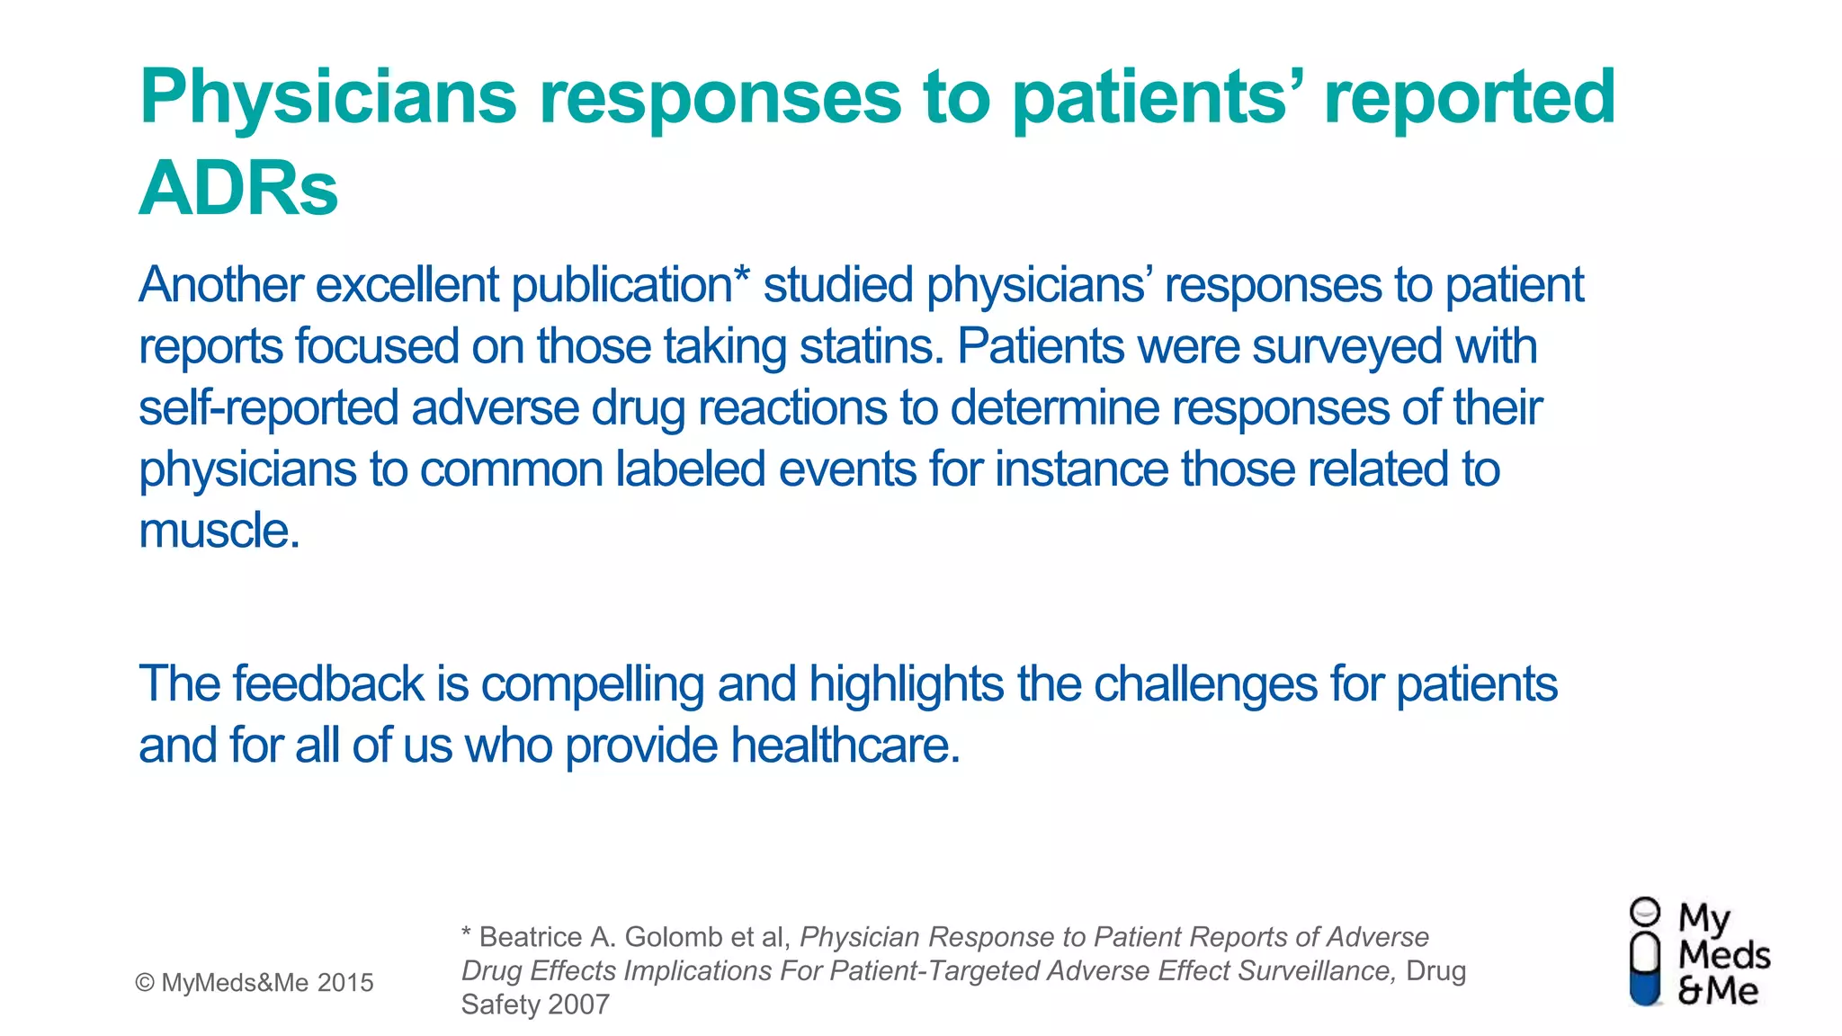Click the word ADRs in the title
[x=238, y=188]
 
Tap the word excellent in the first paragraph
[x=407, y=285]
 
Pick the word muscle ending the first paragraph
[x=219, y=531]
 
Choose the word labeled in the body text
[x=690, y=469]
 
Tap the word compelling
[x=592, y=684]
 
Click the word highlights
[x=905, y=684]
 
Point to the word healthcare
[x=845, y=746]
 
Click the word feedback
[x=327, y=684]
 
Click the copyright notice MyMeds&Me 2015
[x=255, y=983]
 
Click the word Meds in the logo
[x=1723, y=955]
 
